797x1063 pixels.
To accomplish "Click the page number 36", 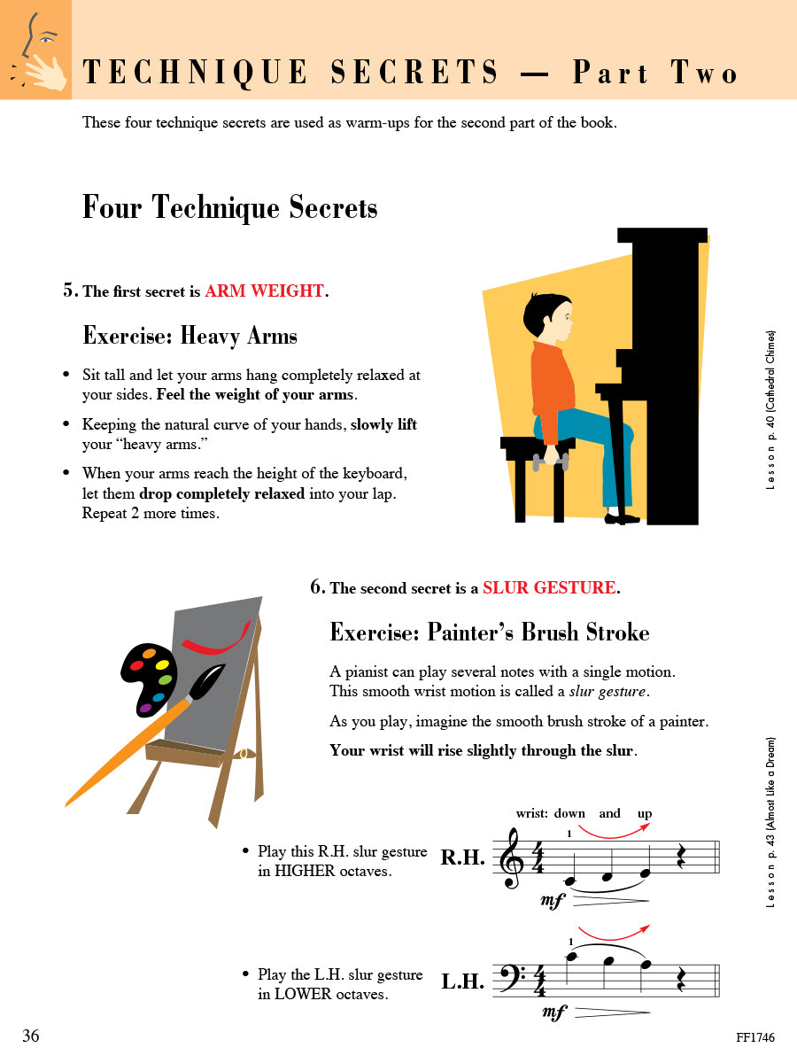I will (x=31, y=1036).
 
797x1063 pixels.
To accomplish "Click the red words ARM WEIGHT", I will (x=264, y=291).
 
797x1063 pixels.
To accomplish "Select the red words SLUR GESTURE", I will (x=549, y=587).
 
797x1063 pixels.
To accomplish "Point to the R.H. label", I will (x=462, y=857).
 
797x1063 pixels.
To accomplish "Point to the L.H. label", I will (x=462, y=982).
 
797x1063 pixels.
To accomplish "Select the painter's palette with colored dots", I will (x=151, y=679).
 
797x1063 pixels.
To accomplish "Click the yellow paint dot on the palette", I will (x=162, y=663).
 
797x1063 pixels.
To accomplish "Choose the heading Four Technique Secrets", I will (x=230, y=207).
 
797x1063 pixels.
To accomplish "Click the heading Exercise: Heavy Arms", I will (x=190, y=336).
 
